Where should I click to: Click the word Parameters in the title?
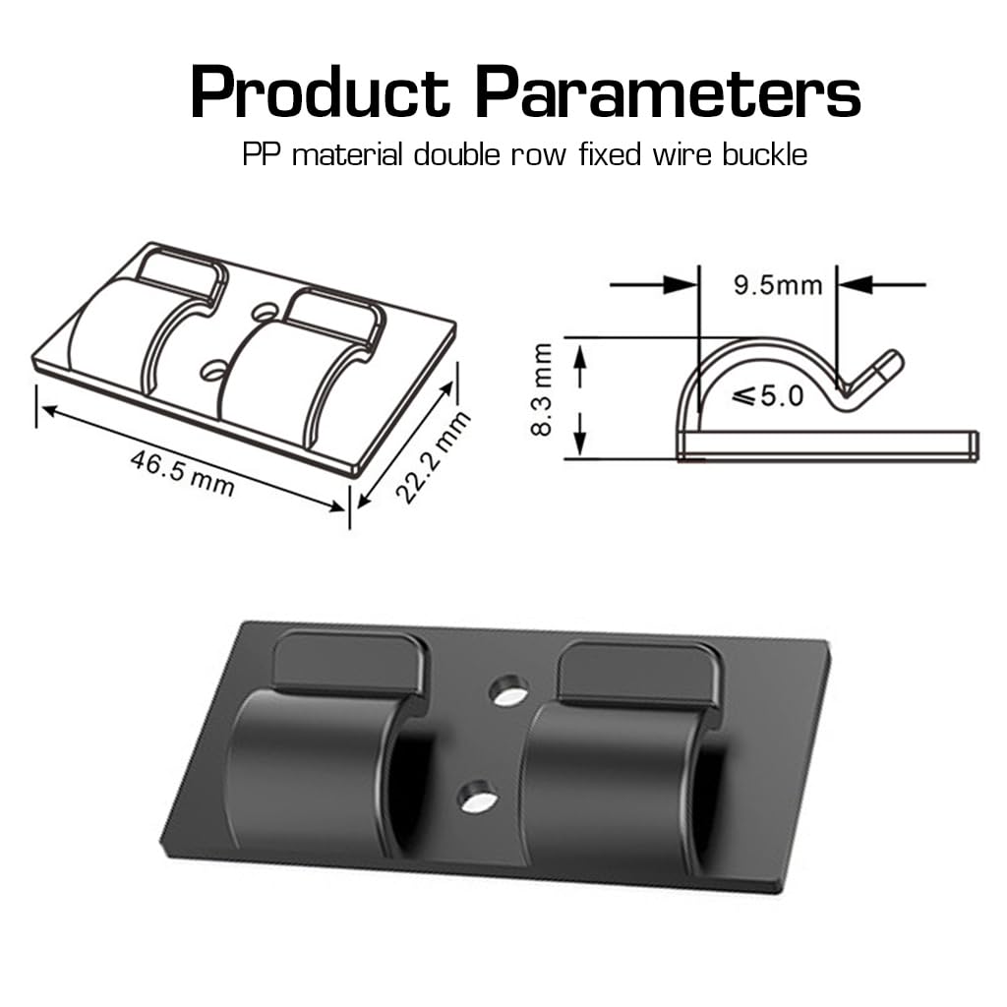pyautogui.click(x=669, y=93)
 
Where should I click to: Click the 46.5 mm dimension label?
pyautogui.click(x=182, y=471)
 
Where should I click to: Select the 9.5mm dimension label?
pyautogui.click(x=777, y=285)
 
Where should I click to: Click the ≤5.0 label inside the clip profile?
pyautogui.click(x=768, y=397)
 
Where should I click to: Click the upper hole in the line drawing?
pyautogui.click(x=263, y=313)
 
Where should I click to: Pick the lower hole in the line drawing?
pyautogui.click(x=212, y=371)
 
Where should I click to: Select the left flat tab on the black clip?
pyautogui.click(x=346, y=662)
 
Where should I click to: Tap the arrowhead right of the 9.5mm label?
pyautogui.click(x=854, y=285)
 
